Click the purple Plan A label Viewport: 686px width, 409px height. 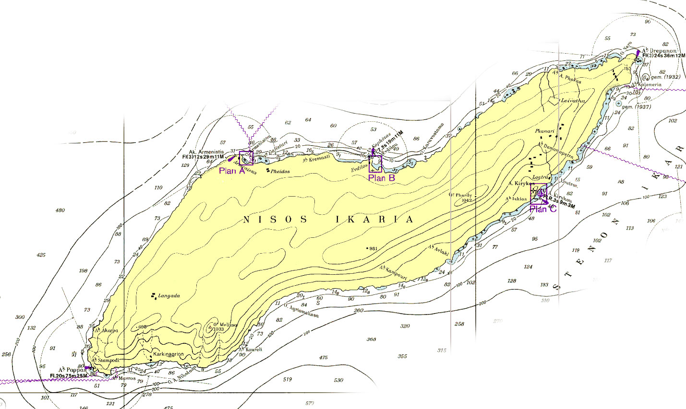pos(232,171)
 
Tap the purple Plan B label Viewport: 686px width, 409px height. pos(381,177)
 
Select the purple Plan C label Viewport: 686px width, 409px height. pos(543,209)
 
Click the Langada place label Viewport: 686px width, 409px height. pos(168,296)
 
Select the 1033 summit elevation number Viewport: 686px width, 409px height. pos(219,329)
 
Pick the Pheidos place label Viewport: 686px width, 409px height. pos(280,171)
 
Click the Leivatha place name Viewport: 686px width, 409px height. pos(573,101)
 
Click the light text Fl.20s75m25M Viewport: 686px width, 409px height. pos(69,375)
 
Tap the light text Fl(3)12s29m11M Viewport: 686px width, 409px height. pos(204,157)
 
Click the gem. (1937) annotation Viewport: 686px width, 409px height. pos(637,106)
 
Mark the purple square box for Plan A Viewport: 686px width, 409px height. pos(245,158)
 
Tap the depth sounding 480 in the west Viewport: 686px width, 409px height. pos(60,210)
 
